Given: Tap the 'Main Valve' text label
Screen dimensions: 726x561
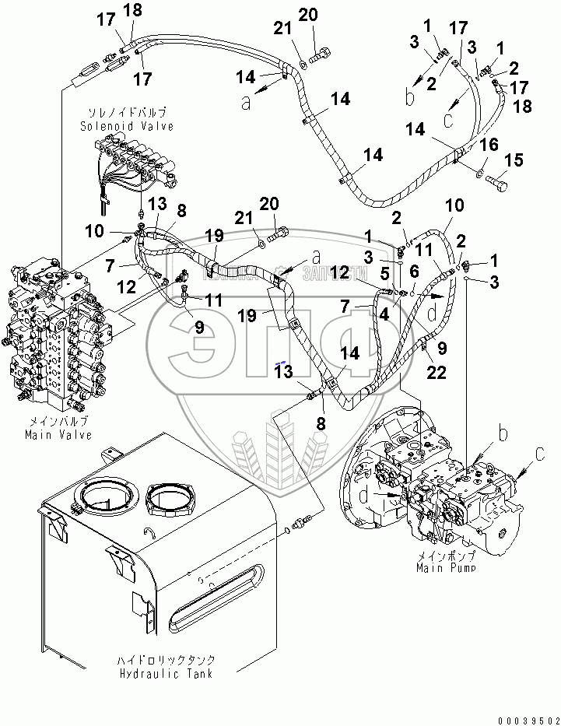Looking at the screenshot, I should pos(58,435).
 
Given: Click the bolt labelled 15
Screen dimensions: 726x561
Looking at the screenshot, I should pos(496,183).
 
